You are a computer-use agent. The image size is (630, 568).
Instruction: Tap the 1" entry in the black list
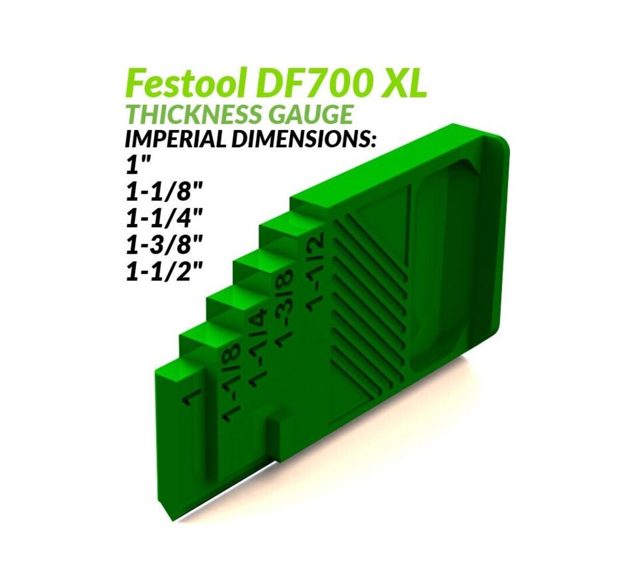tap(135, 166)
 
